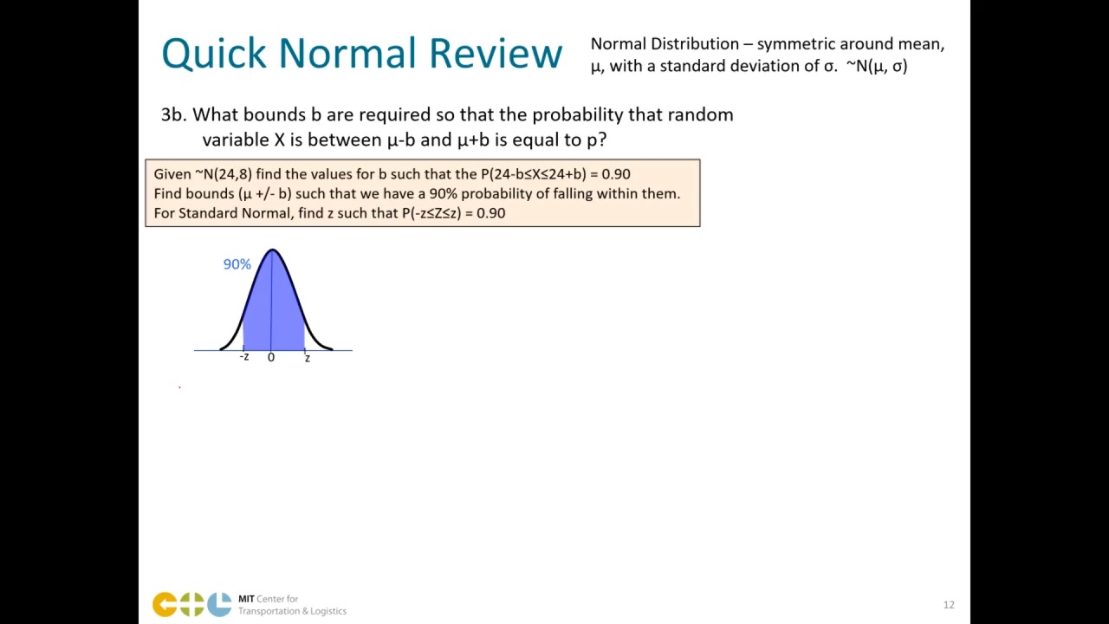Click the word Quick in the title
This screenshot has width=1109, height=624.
tap(214, 54)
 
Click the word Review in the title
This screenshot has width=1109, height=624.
tap(495, 54)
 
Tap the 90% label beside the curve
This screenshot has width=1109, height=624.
tap(237, 264)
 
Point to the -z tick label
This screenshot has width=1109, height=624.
tap(244, 357)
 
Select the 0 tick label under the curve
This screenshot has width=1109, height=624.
tap(271, 357)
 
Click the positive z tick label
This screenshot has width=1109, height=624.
tap(307, 358)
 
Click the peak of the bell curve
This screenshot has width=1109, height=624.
tap(272, 251)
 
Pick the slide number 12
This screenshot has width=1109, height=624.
tap(949, 605)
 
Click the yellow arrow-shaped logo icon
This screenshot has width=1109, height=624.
tap(165, 604)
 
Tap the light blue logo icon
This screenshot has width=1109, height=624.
tap(219, 604)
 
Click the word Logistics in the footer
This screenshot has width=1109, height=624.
tap(326, 611)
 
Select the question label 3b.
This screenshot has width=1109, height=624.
tap(172, 114)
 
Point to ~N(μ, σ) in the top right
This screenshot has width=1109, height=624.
tap(876, 66)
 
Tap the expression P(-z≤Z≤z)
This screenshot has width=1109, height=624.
tap(431, 213)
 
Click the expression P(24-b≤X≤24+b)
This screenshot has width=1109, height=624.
tap(533, 174)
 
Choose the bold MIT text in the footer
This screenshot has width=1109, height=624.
tap(246, 599)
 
